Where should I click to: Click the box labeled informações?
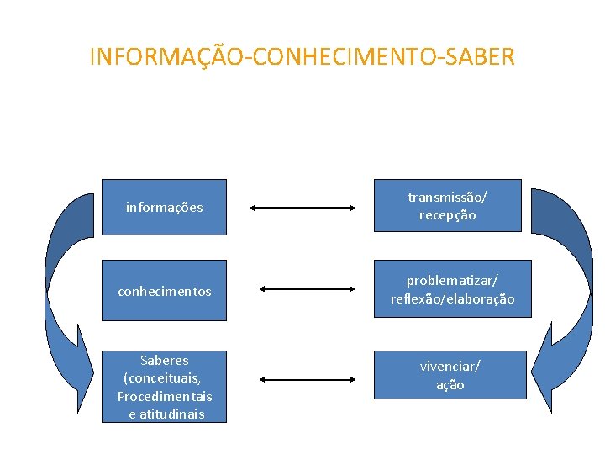(164, 207)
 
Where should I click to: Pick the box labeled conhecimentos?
(164, 291)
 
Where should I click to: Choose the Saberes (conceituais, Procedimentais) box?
(164, 386)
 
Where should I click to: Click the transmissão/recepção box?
(447, 206)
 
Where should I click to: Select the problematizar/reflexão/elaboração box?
(452, 288)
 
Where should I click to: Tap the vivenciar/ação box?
(450, 375)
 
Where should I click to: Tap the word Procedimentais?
(165, 396)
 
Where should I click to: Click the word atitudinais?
(171, 414)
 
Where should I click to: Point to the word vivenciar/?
(450, 367)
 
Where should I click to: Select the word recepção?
(447, 215)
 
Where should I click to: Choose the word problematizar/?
(452, 280)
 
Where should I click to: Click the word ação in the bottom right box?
(450, 384)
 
